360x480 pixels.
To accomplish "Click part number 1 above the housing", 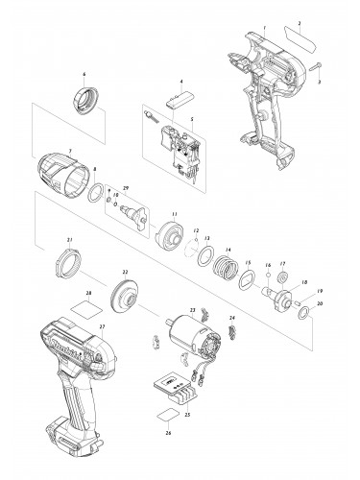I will (x=264, y=18).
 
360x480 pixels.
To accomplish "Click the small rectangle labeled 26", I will (x=165, y=416).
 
